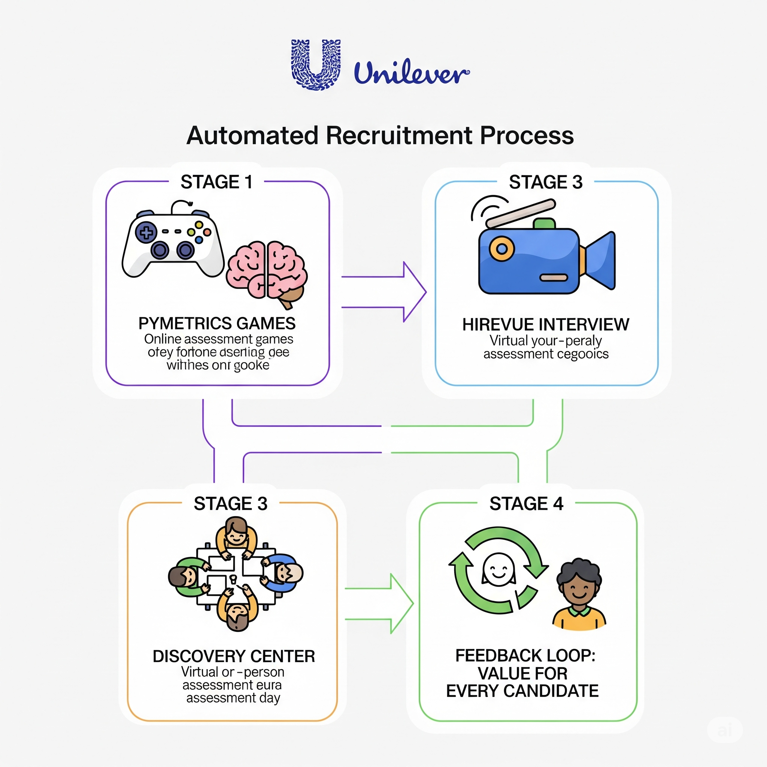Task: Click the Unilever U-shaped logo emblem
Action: tap(316, 64)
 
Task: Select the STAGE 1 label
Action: tap(216, 182)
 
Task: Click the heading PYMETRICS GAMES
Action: tap(217, 324)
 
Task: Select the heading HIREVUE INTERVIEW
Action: tap(545, 325)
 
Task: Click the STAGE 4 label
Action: tap(526, 504)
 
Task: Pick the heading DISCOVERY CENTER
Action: tap(234, 657)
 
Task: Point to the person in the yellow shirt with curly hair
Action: tap(579, 595)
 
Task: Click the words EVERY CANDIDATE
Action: tap(522, 691)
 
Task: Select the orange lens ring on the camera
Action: tap(502, 249)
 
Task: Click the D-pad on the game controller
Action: tap(146, 232)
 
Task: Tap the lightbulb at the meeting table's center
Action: tap(233, 580)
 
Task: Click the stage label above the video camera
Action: tap(545, 182)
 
